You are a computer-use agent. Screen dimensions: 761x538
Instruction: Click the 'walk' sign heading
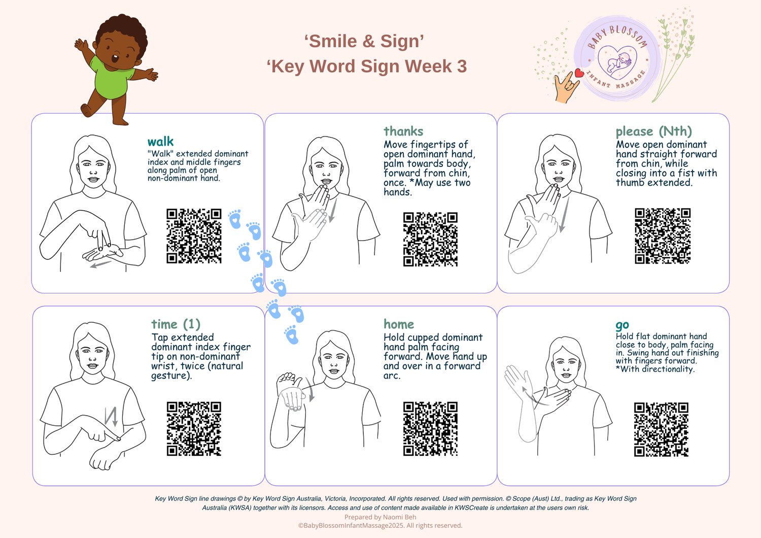[160, 142]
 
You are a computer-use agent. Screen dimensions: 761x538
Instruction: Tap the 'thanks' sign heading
[403, 131]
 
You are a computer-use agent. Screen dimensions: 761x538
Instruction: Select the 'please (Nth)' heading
[653, 131]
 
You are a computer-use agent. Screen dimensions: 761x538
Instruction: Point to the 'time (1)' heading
[176, 324]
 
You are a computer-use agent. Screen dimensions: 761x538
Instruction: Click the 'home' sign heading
[399, 324]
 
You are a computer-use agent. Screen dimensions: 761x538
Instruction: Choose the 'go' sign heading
[622, 325]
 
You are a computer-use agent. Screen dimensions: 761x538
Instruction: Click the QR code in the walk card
[194, 236]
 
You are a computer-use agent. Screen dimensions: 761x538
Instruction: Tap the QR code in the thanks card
[430, 239]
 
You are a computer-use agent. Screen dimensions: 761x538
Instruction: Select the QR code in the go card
[661, 429]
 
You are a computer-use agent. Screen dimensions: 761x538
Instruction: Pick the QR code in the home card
[430, 428]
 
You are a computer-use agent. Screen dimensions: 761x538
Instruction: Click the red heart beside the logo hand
[579, 73]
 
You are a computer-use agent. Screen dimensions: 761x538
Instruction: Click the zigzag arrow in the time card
[111, 417]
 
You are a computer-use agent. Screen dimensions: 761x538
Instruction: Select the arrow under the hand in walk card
[101, 264]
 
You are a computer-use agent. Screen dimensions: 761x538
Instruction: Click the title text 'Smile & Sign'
[364, 41]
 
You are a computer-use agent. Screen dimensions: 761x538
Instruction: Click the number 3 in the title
[461, 66]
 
